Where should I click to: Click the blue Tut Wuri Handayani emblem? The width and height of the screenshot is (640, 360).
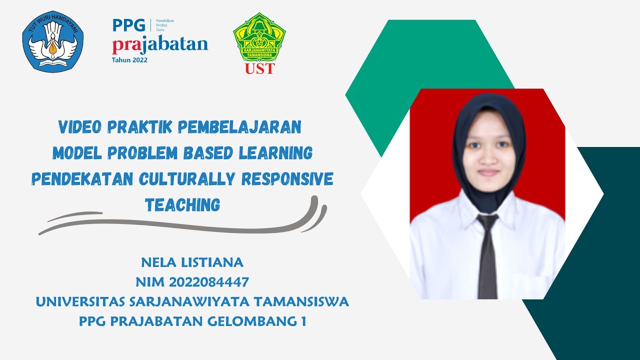(52, 42)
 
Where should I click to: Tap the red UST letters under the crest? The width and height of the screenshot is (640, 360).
(259, 68)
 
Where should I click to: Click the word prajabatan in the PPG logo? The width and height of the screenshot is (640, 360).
(160, 44)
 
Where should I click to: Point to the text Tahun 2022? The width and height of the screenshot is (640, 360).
(129, 59)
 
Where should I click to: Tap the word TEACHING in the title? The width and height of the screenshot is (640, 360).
(182, 204)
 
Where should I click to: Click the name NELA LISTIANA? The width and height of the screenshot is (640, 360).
(192, 262)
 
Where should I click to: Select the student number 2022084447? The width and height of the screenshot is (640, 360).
(209, 282)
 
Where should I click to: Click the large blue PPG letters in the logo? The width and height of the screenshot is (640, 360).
(128, 25)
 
